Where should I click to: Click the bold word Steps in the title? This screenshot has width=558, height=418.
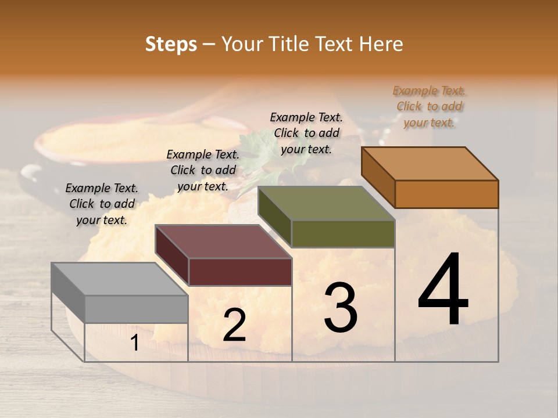(171, 44)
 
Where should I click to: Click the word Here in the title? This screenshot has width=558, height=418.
(381, 44)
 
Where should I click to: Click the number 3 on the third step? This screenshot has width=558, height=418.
(341, 308)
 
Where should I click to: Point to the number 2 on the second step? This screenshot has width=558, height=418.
(234, 325)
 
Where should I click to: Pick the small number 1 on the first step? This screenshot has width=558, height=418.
(134, 343)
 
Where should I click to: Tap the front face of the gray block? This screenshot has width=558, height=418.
(137, 309)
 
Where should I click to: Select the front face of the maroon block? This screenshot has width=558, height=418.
(240, 272)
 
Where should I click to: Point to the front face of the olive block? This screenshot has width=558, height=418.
(343, 233)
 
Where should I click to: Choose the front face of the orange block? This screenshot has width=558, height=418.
(446, 194)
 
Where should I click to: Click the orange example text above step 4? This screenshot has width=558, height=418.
(430, 106)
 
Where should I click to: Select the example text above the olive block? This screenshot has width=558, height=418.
(306, 133)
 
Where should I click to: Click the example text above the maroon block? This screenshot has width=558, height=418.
(203, 170)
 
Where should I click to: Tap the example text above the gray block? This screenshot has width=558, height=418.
(102, 204)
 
